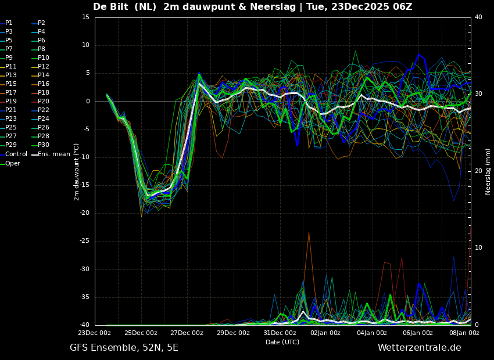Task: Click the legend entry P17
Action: coord(11,93)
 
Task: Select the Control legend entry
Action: coord(16,154)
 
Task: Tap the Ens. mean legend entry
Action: coord(54,154)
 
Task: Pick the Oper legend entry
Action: coord(13,164)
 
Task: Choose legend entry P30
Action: coord(44,145)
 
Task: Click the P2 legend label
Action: coord(41,23)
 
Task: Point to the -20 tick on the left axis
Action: coord(85,213)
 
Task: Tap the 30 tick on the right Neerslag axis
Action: coord(478,94)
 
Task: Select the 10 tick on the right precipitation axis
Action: coord(478,248)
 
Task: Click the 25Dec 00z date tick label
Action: coord(141,333)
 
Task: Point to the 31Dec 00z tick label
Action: coord(280,333)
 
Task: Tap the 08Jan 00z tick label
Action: coord(464,333)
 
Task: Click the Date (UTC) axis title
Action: coord(282,343)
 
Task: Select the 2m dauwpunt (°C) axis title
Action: coord(77,172)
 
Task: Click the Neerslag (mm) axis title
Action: coord(488,171)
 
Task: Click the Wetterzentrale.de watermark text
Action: coord(419,348)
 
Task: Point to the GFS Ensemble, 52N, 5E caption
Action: coord(124,348)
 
